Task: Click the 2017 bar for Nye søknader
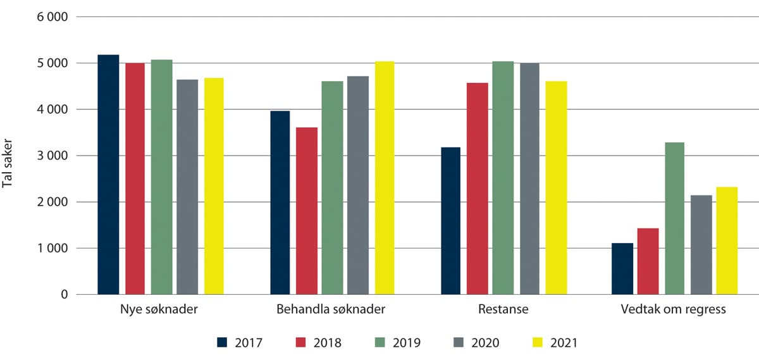[x=108, y=175]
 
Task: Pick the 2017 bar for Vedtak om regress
[x=622, y=269]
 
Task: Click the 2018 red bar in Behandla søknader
[x=307, y=211]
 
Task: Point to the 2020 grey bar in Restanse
[x=529, y=178]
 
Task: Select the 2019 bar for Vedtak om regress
[x=674, y=218]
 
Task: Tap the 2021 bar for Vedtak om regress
[x=727, y=240]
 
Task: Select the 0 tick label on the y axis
[x=63, y=294]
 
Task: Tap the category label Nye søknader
[x=160, y=310]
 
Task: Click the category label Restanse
[x=503, y=310]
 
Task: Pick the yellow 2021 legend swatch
[x=539, y=342]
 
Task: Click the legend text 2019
[x=408, y=343]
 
